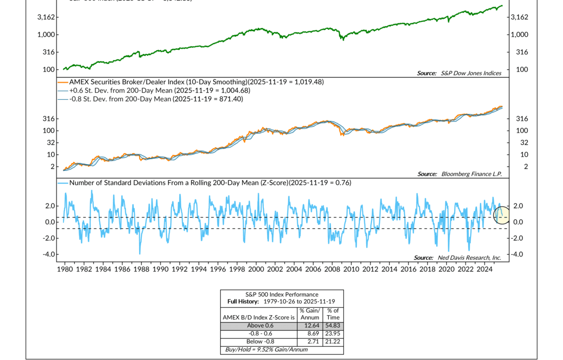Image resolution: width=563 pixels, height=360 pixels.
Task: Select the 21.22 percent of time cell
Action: pos(333,341)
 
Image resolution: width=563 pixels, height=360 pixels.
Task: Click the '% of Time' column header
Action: pos(333,314)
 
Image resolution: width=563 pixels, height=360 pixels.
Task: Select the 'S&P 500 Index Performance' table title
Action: pos(281,294)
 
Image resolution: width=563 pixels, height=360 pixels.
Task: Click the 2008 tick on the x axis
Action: pos(332,270)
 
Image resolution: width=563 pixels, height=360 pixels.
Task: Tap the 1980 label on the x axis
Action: pos(65,270)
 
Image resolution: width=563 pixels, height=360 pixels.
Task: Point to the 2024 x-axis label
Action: pos(484,270)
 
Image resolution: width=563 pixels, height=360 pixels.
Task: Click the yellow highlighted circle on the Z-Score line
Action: pos(501,214)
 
